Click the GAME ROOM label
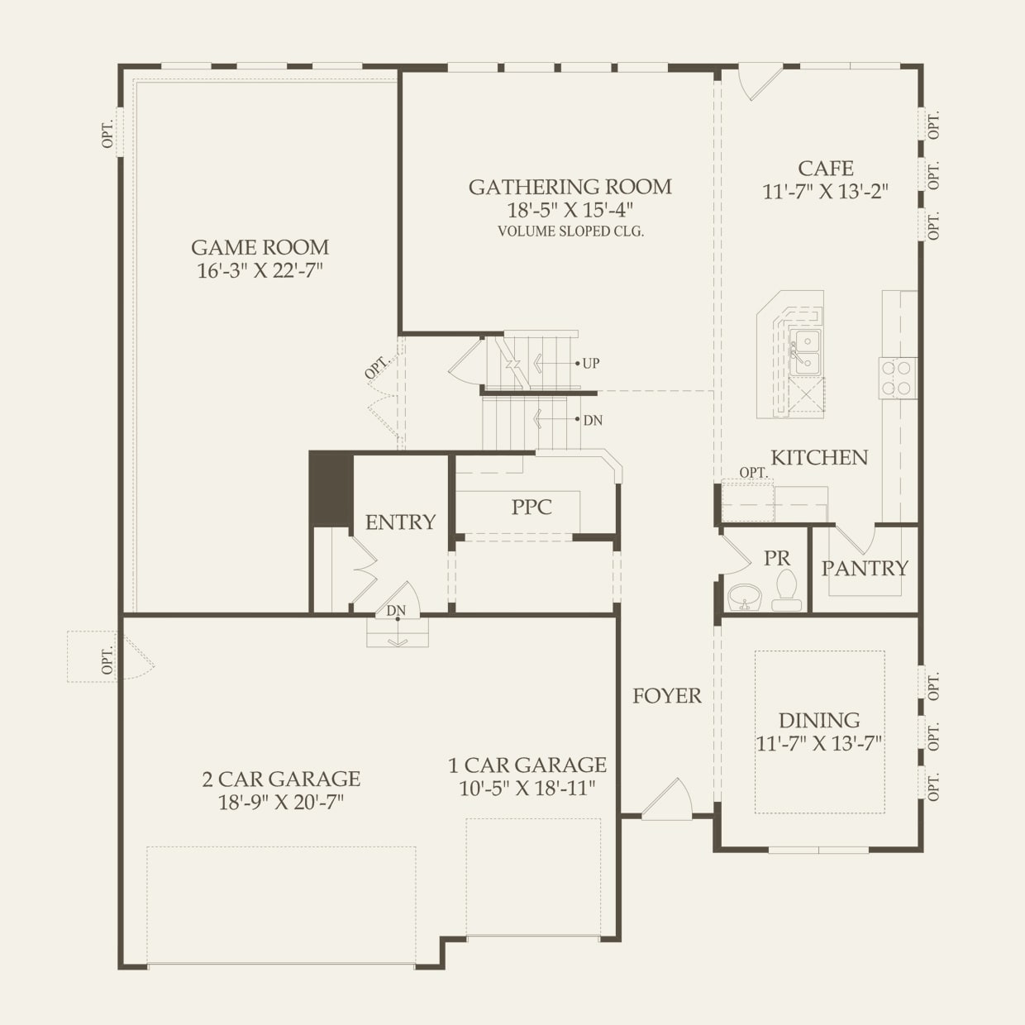[260, 247]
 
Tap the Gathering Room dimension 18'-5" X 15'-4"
[570, 210]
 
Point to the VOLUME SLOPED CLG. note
[570, 231]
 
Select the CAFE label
[825, 169]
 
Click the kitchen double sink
[804, 352]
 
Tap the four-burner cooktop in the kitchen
[897, 378]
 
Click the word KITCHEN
[819, 458]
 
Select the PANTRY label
[865, 569]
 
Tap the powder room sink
[746, 596]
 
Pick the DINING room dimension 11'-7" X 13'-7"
[819, 744]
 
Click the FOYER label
[666, 697]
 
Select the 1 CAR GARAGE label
[527, 765]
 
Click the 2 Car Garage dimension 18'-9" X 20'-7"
[281, 803]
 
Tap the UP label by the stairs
[591, 364]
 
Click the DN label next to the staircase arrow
[593, 421]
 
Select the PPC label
[532, 507]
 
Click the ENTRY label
[400, 522]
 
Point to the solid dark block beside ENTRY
[331, 489]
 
